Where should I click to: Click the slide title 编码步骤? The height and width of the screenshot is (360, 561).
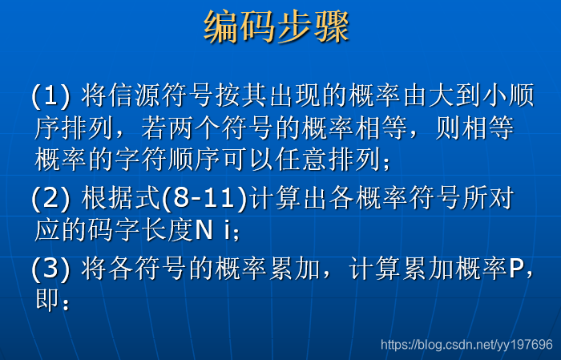[x=276, y=27]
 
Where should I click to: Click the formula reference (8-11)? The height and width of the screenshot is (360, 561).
[x=206, y=197]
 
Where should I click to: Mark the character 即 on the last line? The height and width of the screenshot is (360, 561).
[x=47, y=301]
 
